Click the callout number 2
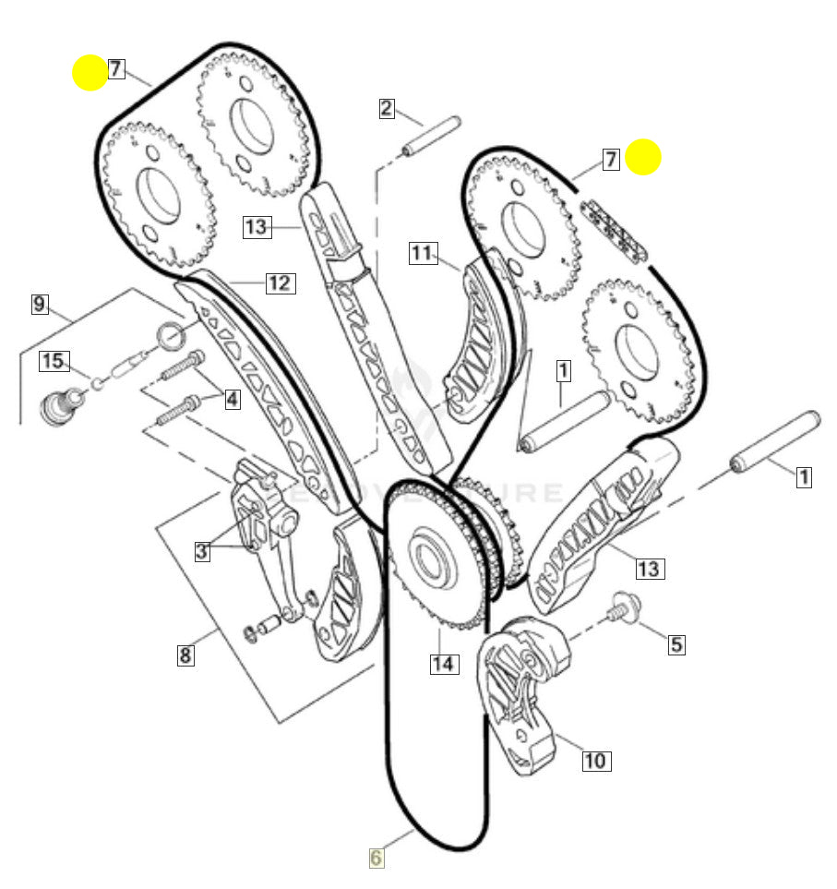(x=387, y=108)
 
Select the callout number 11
(x=422, y=252)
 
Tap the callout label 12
(x=280, y=282)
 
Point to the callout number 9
(x=39, y=303)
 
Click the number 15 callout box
(x=54, y=361)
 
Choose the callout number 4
(x=232, y=399)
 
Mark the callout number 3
(x=202, y=552)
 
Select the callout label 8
(x=185, y=655)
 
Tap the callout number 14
(x=444, y=663)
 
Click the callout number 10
(x=595, y=761)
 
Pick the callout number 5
(x=676, y=643)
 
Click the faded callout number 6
(x=376, y=858)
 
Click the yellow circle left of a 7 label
(x=90, y=72)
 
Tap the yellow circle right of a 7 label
(x=643, y=157)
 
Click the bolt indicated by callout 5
(x=627, y=608)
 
